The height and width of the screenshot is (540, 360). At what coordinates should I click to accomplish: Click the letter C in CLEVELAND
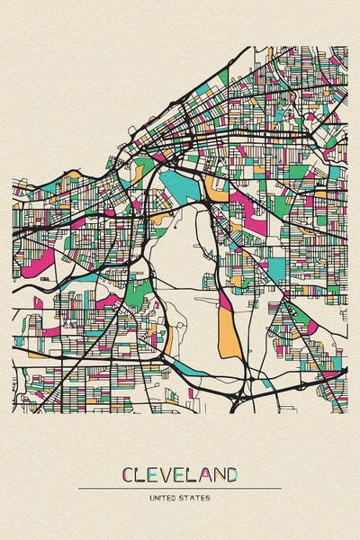pyautogui.click(x=129, y=474)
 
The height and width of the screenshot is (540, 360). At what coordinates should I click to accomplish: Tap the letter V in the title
pyautogui.click(x=169, y=474)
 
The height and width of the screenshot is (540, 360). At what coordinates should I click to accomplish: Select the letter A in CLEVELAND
pyautogui.click(x=206, y=474)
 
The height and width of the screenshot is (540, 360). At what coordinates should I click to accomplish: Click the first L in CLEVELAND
pyautogui.click(x=142, y=474)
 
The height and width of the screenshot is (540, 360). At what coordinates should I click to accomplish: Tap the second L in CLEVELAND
pyautogui.click(x=194, y=474)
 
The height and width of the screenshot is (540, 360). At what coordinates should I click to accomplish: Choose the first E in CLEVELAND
pyautogui.click(x=155, y=474)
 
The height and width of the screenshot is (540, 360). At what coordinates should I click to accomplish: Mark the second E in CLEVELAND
pyautogui.click(x=183, y=474)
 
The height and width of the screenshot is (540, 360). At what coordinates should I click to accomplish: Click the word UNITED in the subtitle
pyautogui.click(x=164, y=497)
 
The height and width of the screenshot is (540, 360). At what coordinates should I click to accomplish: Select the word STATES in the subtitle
pyautogui.click(x=197, y=497)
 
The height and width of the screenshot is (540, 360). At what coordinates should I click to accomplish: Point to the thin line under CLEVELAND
pyautogui.click(x=180, y=488)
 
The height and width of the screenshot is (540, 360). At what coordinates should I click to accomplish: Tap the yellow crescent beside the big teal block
pyautogui.click(x=215, y=189)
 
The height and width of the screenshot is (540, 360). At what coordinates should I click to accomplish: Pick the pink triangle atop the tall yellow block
pyautogui.click(x=223, y=297)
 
